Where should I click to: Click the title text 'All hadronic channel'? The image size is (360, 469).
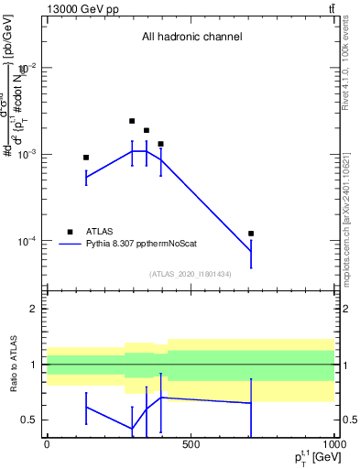[191, 38]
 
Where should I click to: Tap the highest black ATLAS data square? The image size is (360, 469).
[132, 121]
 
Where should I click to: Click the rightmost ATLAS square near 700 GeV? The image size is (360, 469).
[251, 234]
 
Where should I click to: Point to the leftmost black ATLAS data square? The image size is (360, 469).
[86, 158]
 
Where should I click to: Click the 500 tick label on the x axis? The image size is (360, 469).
[191, 446]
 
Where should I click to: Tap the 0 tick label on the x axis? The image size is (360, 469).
[47, 446]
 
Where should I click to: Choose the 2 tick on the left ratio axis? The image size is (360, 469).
[35, 309]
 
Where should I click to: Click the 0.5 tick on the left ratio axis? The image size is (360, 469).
[30, 420]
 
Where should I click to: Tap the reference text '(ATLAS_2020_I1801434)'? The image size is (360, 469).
[191, 274]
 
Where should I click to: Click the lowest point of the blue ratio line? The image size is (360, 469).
[132, 429]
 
